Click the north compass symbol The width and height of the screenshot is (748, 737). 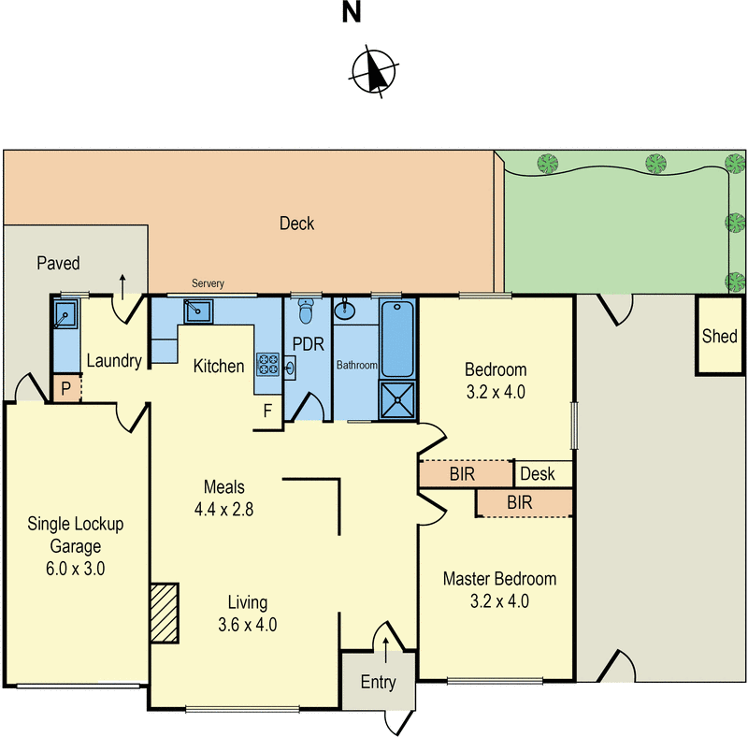point(374,71)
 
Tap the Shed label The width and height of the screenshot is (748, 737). point(719,336)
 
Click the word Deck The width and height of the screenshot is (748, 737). point(296,224)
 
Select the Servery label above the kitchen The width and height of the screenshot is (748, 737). point(208,283)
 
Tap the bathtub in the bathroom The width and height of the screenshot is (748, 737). point(397,339)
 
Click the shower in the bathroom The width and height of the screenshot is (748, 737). point(397,398)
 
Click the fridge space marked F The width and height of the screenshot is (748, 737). point(267,411)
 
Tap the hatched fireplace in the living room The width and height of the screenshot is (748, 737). point(164,613)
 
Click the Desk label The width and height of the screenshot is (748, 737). point(537,474)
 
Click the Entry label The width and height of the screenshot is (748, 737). point(378,682)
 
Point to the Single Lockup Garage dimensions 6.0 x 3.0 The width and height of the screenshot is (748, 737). point(75,568)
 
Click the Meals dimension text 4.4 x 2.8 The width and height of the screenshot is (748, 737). point(223,510)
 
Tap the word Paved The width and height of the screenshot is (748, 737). point(58,263)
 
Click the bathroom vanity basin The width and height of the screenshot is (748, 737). point(344,310)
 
